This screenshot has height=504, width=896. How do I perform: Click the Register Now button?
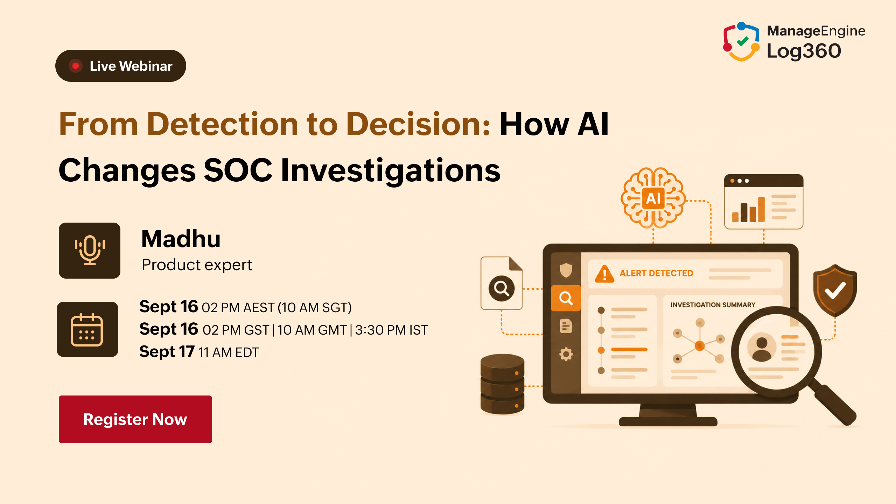click(x=135, y=419)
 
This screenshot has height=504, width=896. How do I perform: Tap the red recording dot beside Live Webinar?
click(x=75, y=66)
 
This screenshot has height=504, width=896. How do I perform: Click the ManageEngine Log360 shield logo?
click(x=741, y=41)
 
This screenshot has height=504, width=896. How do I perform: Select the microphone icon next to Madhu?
click(x=90, y=250)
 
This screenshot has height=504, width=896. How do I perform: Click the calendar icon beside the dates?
click(x=87, y=329)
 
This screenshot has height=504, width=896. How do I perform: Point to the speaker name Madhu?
click(x=181, y=239)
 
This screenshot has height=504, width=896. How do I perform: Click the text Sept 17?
click(x=167, y=352)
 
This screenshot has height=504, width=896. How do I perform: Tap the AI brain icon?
click(x=653, y=198)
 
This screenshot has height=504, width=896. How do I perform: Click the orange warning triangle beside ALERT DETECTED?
click(x=604, y=274)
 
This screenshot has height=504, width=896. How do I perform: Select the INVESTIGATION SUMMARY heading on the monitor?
click(x=713, y=305)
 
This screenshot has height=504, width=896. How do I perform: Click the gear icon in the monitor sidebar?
click(x=566, y=354)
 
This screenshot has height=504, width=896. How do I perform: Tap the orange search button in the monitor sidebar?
click(x=566, y=298)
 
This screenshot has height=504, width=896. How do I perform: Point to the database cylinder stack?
click(x=503, y=384)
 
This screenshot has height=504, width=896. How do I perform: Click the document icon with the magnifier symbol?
click(x=502, y=283)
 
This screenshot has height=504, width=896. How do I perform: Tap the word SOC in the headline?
click(x=238, y=170)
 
